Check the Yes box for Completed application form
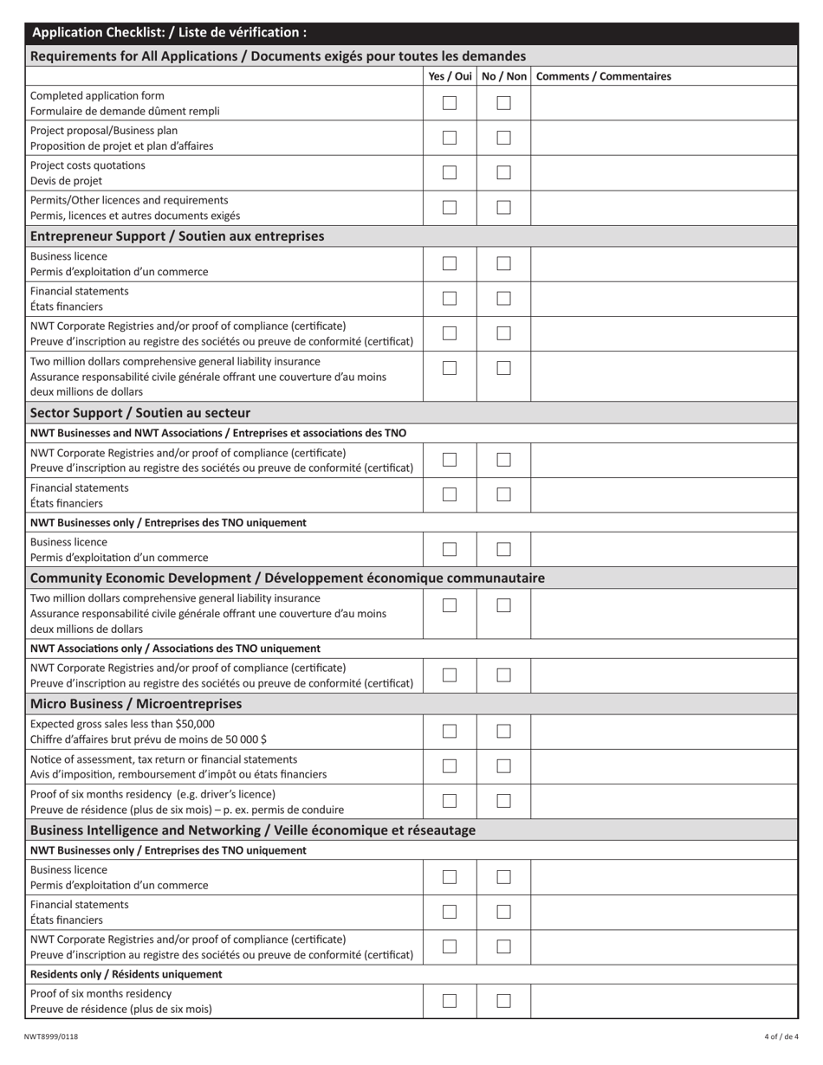(450, 103)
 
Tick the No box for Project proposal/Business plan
(503, 138)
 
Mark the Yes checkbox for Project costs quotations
(450, 172)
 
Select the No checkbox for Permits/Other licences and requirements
(503, 208)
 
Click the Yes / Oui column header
(450, 76)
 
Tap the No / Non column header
(503, 76)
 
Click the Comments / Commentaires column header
(603, 76)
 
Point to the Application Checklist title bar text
(169, 33)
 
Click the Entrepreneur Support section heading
(178, 236)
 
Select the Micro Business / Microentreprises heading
(136, 704)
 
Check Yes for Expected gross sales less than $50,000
(450, 732)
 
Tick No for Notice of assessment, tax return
(503, 766)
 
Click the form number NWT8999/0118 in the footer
(51, 1036)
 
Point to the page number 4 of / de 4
(781, 1036)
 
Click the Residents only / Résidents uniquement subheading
(126, 974)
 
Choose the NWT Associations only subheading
(175, 649)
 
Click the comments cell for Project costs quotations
(664, 172)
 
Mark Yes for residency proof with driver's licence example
(450, 801)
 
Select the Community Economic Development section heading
(288, 578)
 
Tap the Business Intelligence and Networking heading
(253, 830)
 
